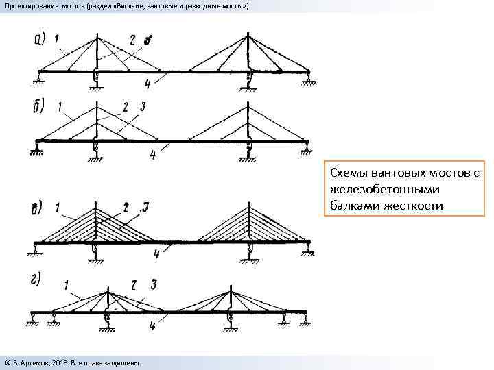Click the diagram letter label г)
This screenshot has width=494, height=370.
click(x=36, y=280)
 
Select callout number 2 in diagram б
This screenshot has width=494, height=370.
click(x=126, y=106)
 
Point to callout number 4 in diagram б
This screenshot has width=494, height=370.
click(x=152, y=156)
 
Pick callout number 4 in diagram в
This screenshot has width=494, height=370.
click(x=156, y=254)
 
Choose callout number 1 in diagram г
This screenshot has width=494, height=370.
click(x=66, y=284)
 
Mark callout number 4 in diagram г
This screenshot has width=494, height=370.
click(x=152, y=327)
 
